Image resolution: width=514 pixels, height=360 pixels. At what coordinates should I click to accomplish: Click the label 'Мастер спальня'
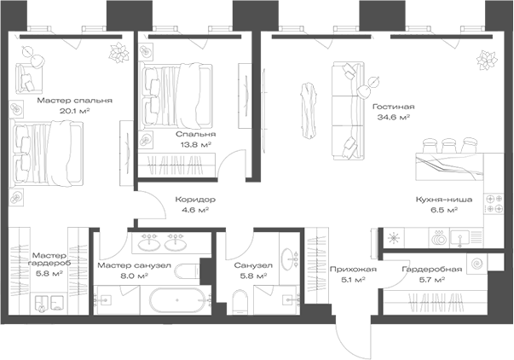pyautogui.click(x=75, y=101)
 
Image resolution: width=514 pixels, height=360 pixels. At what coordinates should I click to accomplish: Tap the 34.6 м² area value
pyautogui.click(x=393, y=117)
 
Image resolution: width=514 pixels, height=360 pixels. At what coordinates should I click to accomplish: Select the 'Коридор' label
pyautogui.click(x=195, y=200)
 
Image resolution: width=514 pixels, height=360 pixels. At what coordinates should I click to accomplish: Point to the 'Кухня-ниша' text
pyautogui.click(x=444, y=200)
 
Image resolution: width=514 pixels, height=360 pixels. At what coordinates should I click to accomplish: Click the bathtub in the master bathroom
pyautogui.click(x=177, y=300)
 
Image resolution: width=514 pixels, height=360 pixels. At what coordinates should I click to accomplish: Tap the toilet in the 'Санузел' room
pyautogui.click(x=241, y=301)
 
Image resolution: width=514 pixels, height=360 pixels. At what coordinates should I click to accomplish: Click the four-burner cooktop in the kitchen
pyautogui.click(x=494, y=204)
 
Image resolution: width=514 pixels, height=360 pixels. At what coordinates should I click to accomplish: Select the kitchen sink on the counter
pyautogui.click(x=460, y=238)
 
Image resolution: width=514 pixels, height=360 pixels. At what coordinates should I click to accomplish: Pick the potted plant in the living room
pyautogui.click(x=487, y=60)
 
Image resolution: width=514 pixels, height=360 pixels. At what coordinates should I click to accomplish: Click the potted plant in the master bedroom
pyautogui.click(x=119, y=53)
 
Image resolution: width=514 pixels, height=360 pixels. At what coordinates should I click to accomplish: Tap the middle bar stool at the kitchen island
pyautogui.click(x=448, y=146)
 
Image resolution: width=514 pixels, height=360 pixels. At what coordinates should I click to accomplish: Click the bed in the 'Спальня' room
pyautogui.click(x=176, y=96)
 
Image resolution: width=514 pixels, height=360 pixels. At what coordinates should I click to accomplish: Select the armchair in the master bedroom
pyautogui.click(x=29, y=78)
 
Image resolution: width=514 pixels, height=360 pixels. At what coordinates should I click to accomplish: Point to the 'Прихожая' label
pyautogui.click(x=353, y=270)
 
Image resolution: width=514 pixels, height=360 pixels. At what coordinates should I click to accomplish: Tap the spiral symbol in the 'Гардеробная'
pyautogui.click(x=477, y=264)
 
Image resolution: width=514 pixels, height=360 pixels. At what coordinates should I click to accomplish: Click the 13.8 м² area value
pyautogui.click(x=196, y=144)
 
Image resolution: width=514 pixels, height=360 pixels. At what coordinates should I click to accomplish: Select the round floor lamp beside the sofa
pyautogui.click(x=363, y=91)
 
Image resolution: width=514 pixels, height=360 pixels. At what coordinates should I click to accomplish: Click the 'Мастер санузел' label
pyautogui.click(x=134, y=265)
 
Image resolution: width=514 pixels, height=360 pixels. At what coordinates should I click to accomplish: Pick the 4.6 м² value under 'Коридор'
pyautogui.click(x=195, y=210)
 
